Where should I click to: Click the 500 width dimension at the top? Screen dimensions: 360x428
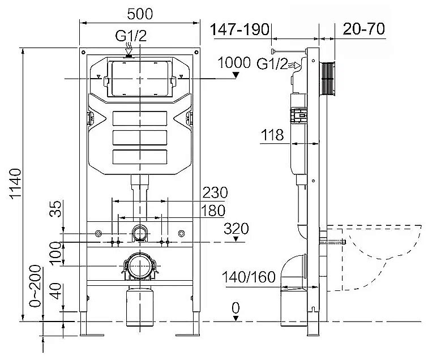tap(139, 12)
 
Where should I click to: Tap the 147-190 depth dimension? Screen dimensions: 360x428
tap(241, 30)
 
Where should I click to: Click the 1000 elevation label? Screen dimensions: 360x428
tap(233, 63)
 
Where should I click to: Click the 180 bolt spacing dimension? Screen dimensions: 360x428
tap(213, 211)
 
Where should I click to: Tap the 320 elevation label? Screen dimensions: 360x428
tap(237, 229)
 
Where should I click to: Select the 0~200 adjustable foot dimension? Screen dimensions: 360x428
tap(35, 286)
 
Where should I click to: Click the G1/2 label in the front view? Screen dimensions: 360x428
tap(131, 37)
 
